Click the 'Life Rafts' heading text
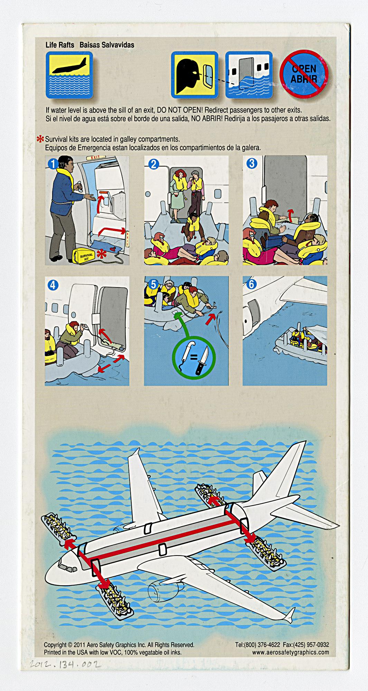pyautogui.click(x=60, y=45)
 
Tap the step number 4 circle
pyautogui.click(x=54, y=285)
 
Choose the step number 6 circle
pyautogui.click(x=252, y=284)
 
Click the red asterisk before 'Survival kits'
pyautogui.click(x=40, y=140)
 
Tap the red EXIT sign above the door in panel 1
pyautogui.click(x=95, y=158)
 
